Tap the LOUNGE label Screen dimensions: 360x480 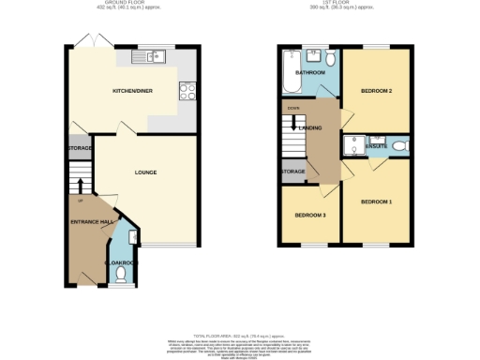coord(145,172)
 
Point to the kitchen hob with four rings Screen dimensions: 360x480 coord(186,92)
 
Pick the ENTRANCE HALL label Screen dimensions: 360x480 coord(91,221)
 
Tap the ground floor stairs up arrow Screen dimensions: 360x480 coord(81,184)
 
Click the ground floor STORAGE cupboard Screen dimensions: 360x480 coord(79,148)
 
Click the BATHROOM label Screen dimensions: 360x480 coord(309,72)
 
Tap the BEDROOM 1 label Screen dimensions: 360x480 coord(376,202)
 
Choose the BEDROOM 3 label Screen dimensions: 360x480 coord(310,215)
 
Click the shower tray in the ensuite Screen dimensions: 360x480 coord(354,145)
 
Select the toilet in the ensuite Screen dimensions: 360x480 coord(399,145)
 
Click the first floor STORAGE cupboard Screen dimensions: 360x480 coord(292,172)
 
